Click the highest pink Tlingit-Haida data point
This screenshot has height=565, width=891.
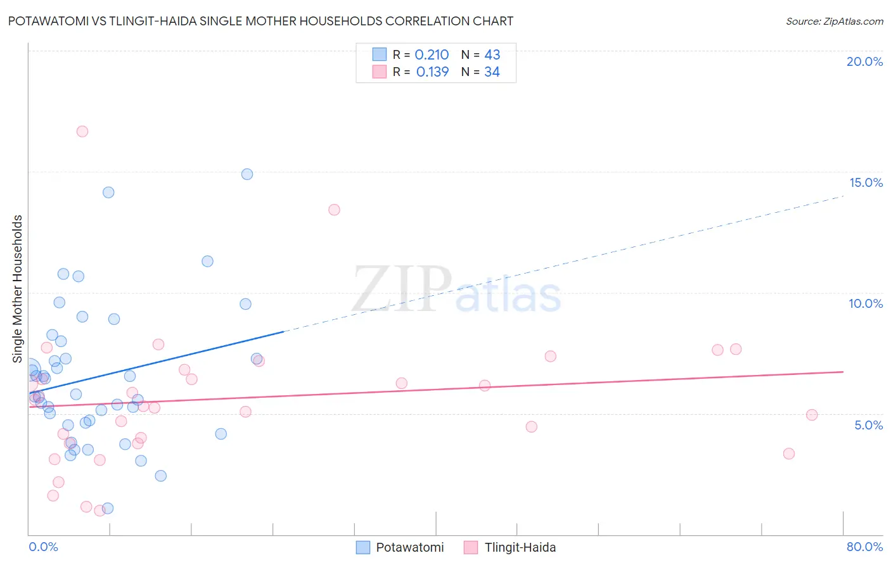pos(82,132)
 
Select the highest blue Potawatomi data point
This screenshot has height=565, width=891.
pos(247,174)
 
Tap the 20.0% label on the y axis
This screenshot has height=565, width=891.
pos(864,61)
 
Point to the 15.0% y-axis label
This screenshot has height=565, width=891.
pos(866,182)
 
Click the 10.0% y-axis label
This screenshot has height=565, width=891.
pos(866,303)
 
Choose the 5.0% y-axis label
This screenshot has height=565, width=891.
pos(868,425)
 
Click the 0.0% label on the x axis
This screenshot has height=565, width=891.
pos(43,547)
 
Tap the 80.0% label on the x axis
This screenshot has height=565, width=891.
pos(864,547)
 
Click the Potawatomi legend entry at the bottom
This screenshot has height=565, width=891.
pos(409,547)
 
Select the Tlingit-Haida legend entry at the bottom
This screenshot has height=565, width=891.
pos(520,547)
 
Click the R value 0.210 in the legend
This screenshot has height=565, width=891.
pos(432,55)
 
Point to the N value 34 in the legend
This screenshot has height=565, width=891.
pos(492,72)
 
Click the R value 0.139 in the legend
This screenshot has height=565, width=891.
pos(432,72)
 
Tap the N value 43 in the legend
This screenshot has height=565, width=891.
pos(492,55)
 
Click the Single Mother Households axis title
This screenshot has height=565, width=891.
pos(18,289)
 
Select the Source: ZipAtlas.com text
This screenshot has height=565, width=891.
pos(834,22)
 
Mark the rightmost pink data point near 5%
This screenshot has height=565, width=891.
pos(812,415)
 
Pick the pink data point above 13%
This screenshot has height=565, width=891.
pos(334,210)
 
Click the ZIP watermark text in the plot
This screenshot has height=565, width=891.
pos(402,289)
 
